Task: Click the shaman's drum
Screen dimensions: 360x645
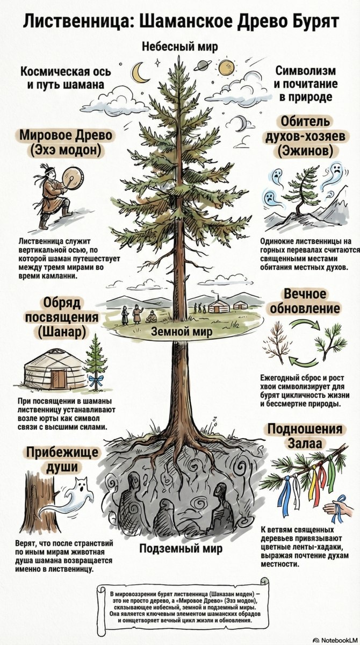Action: [x=73, y=178]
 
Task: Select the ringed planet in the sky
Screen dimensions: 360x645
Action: [x=203, y=67]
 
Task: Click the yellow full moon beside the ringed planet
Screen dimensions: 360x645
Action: [x=225, y=69]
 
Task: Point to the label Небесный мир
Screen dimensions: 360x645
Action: [x=180, y=47]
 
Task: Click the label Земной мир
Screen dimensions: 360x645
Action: [x=182, y=332]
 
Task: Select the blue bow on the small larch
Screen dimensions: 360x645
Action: [x=96, y=381]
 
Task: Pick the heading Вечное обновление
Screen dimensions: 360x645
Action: [x=305, y=302]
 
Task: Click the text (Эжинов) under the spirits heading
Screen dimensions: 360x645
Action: [x=305, y=151]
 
